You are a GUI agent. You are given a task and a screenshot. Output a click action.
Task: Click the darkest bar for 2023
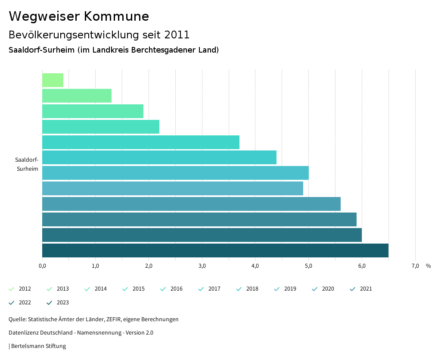215,250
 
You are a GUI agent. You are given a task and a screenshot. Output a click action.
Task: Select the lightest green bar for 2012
53,80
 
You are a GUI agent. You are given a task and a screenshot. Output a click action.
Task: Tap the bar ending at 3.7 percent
141,142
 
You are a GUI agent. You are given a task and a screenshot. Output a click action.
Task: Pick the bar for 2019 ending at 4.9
172,188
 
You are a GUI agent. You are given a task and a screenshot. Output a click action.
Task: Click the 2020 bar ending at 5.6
191,204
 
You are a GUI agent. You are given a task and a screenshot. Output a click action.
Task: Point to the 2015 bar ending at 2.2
101,127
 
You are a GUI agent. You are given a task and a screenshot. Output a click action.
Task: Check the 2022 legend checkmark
12,303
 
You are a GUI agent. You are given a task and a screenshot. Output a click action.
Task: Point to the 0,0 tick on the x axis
42,266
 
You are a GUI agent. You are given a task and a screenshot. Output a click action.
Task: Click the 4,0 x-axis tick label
255,266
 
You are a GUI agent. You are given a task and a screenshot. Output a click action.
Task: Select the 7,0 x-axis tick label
415,266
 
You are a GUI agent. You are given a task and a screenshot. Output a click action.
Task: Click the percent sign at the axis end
428,266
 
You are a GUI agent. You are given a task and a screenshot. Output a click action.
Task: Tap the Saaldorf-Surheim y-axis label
27,164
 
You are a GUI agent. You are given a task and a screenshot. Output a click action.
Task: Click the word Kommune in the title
116,16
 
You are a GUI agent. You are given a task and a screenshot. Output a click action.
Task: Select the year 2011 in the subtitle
177,34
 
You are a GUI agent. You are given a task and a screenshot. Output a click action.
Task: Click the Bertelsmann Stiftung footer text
38,346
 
